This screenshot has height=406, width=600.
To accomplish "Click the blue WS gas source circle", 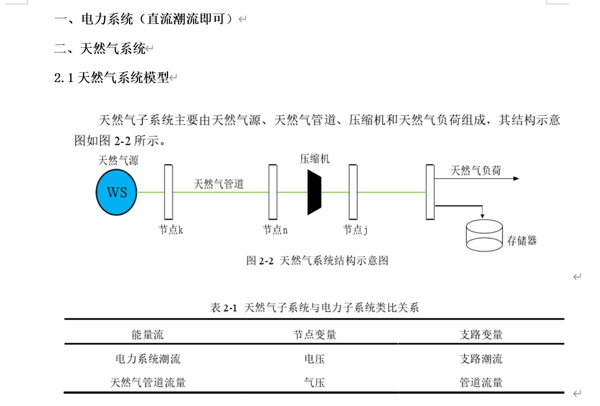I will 117,192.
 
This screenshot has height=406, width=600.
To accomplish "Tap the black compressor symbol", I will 314,192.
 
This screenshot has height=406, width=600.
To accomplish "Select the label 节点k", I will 170,230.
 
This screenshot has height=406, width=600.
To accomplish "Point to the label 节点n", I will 275,230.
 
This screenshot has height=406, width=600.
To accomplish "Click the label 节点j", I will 355,230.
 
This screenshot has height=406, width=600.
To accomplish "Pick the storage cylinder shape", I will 484,235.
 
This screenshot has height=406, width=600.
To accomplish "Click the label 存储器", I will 522,241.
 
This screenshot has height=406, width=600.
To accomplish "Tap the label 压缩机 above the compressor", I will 315,159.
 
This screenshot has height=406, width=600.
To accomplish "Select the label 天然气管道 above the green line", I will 219,184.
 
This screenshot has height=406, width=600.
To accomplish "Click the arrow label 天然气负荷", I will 476,171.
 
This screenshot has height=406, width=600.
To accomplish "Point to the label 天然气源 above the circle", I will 118,160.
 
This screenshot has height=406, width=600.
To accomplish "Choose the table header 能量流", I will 148,335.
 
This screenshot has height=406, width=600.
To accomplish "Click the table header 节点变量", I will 315,335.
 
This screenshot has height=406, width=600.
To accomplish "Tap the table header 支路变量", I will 481,335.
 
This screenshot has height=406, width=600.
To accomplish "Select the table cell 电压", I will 315,359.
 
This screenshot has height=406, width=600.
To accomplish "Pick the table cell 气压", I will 315,383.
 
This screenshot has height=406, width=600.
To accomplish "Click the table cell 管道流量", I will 481,383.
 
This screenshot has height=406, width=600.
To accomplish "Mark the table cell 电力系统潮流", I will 148,359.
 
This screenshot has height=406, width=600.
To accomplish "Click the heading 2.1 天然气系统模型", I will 112,77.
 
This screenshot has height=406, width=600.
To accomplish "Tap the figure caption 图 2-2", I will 317,261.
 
